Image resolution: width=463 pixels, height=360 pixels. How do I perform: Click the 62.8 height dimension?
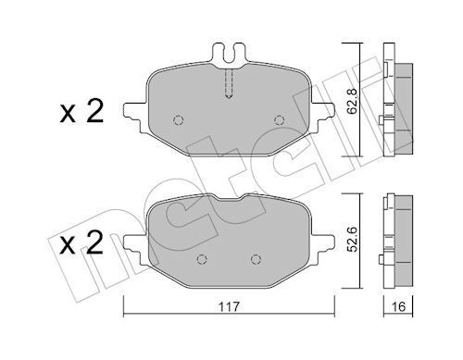tap(352, 93)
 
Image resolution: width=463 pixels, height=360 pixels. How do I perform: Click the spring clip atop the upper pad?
tap(230, 55)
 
